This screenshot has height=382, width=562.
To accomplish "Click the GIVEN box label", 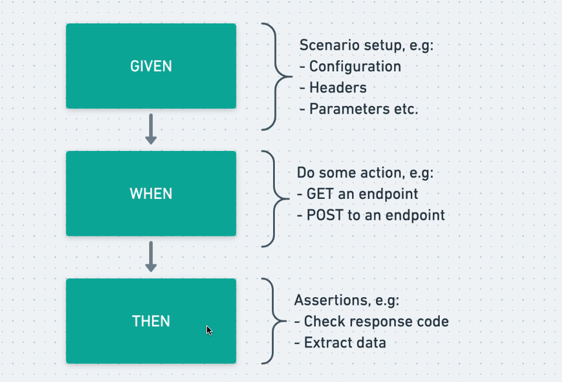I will (151, 67).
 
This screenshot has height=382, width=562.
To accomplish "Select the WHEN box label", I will (151, 194).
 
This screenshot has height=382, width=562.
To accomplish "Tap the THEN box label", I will (151, 321).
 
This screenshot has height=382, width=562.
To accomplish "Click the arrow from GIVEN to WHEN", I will (151, 129).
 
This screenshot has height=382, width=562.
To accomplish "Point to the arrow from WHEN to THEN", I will (151, 257).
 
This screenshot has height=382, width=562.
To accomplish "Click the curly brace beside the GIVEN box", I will (275, 76).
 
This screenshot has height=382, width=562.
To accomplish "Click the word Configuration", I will (355, 67).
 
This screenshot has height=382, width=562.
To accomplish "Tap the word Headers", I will (338, 88).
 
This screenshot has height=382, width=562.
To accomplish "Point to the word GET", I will (320, 194).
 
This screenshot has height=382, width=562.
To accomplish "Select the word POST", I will (325, 215).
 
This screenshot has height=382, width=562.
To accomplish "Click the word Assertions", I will (323, 300).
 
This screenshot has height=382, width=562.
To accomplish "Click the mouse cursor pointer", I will (209, 330).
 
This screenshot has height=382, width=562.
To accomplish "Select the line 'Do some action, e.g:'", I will (365, 173).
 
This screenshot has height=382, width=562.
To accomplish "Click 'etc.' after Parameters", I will (407, 109).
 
